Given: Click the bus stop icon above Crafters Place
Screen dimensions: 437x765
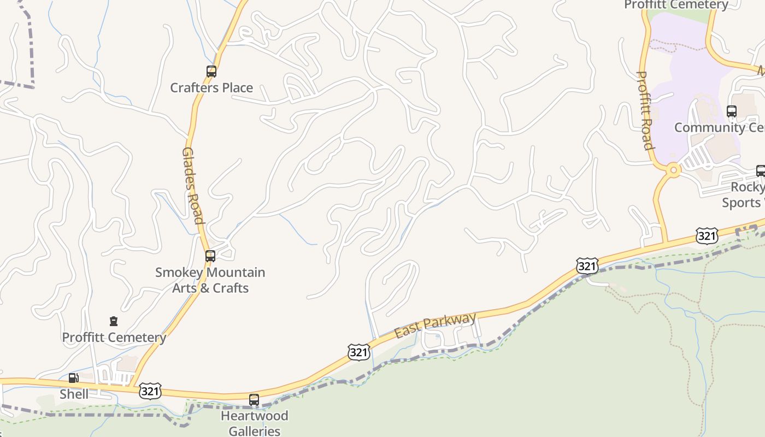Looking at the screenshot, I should coord(211,72).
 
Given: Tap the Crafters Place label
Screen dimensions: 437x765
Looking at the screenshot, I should coord(211,87).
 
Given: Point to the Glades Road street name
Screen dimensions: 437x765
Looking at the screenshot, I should coord(192,186).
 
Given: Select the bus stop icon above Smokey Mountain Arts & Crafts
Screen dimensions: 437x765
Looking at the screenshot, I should coord(210,256).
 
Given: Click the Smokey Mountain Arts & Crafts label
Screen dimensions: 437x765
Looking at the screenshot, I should coord(210,280).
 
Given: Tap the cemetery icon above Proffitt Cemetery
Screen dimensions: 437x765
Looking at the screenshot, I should coord(114,321).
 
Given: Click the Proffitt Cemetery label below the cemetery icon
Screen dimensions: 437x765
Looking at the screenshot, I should coord(114,337).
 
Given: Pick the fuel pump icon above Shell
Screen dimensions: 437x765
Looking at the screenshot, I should coord(73,378).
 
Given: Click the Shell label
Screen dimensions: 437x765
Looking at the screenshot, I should coord(74,394).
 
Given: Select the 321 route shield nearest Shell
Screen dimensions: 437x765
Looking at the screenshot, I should coord(150,391).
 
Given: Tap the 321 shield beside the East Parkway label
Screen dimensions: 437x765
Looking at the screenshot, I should coord(358,352).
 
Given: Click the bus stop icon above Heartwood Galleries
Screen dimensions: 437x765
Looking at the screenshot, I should coord(254,400).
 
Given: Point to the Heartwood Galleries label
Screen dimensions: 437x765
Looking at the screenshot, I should coord(254,423).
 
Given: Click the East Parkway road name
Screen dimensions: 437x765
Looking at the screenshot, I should coord(436,326).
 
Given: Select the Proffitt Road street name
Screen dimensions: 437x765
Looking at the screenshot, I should coord(646,109).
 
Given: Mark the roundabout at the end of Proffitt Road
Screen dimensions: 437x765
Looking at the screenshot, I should coord(673,170).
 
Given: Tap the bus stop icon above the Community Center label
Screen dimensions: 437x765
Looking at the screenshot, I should coord(732,111).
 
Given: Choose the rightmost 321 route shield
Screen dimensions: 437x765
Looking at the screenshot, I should coord(707,236).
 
